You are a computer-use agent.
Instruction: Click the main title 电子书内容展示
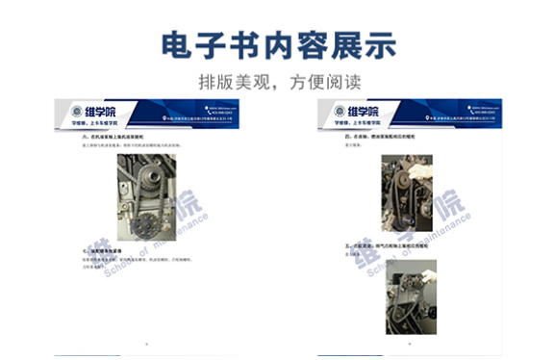277,46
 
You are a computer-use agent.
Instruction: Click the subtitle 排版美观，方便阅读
277,81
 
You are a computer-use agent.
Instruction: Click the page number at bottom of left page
145,343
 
